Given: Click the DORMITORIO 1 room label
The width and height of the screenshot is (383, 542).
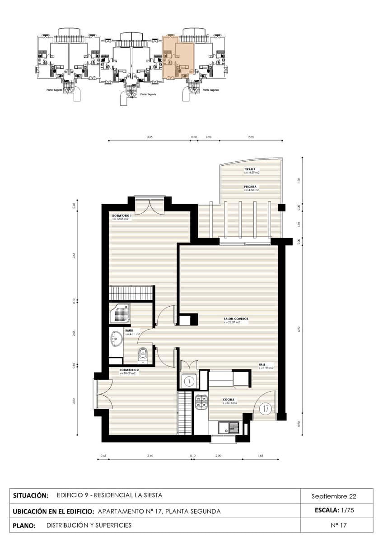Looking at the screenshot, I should point(122,216).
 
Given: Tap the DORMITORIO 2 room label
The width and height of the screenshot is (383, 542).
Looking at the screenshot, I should point(129,370).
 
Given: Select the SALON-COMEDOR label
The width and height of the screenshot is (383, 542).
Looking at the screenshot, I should point(236,319).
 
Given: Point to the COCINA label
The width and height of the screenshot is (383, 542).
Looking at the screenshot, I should point(228,399).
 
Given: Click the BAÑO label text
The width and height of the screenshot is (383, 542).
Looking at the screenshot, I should point(129,331).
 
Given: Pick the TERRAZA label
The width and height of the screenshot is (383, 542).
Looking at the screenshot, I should point(250,169).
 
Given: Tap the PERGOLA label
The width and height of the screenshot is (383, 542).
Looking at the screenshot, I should point(251,187).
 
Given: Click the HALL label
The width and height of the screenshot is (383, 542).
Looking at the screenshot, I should point(262,364).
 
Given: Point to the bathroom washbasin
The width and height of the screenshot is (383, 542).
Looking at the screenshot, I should point(116,339).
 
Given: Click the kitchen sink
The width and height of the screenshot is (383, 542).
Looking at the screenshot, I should point(229,427).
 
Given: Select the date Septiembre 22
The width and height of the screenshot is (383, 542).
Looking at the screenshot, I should point(334,496).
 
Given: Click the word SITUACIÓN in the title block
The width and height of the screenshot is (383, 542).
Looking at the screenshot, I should point(31,495).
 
